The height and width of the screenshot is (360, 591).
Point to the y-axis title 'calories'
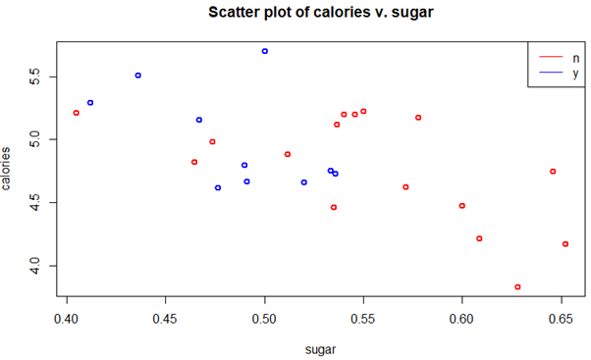tap(9, 169)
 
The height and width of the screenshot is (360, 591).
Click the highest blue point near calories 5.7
tap(265, 51)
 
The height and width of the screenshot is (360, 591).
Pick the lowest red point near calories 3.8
tap(517, 287)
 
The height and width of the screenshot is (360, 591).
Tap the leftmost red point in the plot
tap(77, 113)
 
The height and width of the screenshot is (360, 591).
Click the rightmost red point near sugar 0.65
tap(565, 244)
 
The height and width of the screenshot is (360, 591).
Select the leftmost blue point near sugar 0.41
tap(90, 103)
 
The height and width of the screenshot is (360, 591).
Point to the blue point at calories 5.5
tap(138, 76)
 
